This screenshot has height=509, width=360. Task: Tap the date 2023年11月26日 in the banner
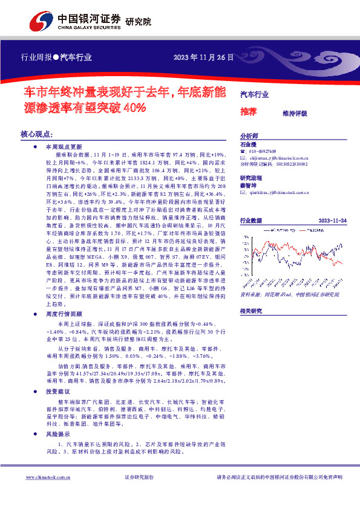pos(203,57)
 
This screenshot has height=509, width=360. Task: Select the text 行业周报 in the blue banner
pos(36,58)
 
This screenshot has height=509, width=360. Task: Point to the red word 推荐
pos(248,112)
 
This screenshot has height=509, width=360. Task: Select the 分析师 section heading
pos(249,137)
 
